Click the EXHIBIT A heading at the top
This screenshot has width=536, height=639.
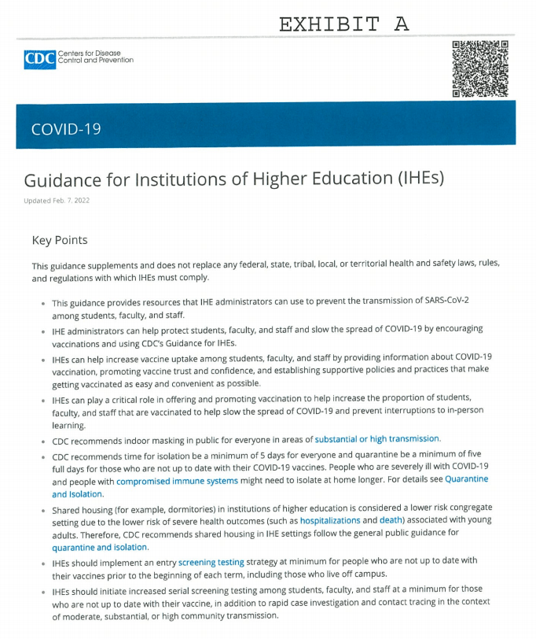[343, 24]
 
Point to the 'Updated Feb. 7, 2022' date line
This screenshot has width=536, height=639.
[57, 201]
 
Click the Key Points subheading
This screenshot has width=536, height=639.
[60, 240]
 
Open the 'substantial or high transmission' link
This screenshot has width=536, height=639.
[377, 439]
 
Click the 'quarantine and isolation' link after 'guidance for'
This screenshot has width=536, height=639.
[100, 547]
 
